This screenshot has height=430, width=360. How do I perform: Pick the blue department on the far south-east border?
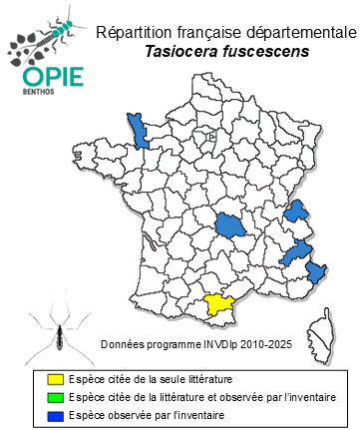click(318, 272)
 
